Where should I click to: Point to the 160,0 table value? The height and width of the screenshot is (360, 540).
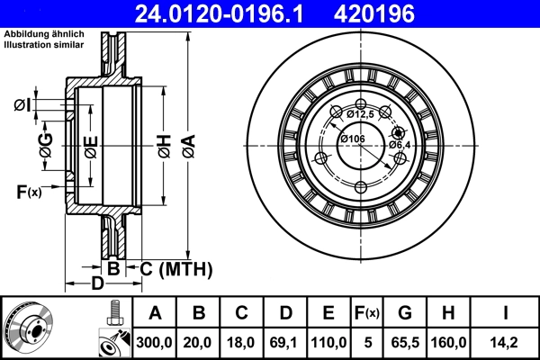coord(447,343)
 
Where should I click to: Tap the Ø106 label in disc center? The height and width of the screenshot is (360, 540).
coord(351,138)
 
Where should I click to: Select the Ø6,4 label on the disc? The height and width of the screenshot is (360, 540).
coord(400,145)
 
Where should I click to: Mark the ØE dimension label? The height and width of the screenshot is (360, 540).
coord(91,146)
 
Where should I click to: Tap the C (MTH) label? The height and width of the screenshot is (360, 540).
coord(175,268)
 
